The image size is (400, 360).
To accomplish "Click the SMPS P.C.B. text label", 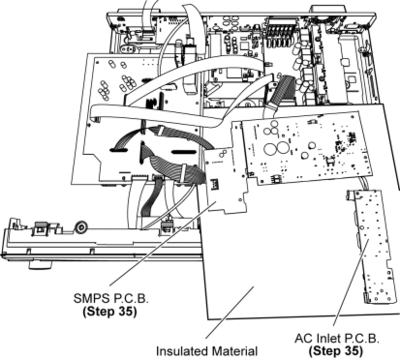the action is (111, 298).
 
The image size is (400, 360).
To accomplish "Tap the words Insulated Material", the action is (207, 351).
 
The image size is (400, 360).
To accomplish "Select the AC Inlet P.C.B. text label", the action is (337, 339).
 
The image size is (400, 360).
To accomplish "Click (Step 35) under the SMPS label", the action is (110, 311).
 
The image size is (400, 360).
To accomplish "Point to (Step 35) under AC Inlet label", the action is (336, 351).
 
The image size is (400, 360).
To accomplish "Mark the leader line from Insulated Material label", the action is (229, 312).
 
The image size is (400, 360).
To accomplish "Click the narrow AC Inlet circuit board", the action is (371, 247).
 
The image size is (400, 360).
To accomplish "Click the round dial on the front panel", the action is (81, 227).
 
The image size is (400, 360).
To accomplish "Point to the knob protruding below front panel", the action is (40, 264).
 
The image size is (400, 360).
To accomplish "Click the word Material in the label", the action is (235, 351).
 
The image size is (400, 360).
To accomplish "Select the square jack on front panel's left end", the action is (41, 228).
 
